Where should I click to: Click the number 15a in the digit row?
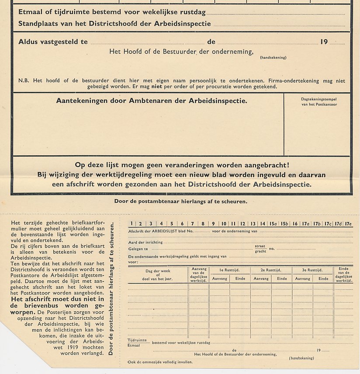pos(273,224)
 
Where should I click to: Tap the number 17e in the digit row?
pos(348,224)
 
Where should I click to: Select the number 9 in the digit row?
pos(213,224)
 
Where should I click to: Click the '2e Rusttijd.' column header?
pos(271,270)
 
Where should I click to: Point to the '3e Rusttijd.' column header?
pos(312,270)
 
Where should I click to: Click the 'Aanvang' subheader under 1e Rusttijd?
pos(219,279)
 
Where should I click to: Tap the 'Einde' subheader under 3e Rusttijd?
pos(323,279)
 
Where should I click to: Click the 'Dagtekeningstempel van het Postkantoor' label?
pos(319,101)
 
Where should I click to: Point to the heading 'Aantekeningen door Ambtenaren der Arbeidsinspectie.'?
pos(152,101)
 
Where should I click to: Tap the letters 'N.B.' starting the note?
pos(24,80)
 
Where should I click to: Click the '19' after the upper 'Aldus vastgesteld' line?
pos(324,42)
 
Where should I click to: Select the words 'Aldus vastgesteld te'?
pos(53,42)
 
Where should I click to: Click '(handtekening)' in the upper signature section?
pos(273,57)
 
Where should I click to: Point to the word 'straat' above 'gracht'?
pos(260,246)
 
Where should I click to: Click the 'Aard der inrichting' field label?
pos(145,242)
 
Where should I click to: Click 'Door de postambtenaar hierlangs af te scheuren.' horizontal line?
pos(181,201)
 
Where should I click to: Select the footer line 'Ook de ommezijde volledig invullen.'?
pos(159,362)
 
